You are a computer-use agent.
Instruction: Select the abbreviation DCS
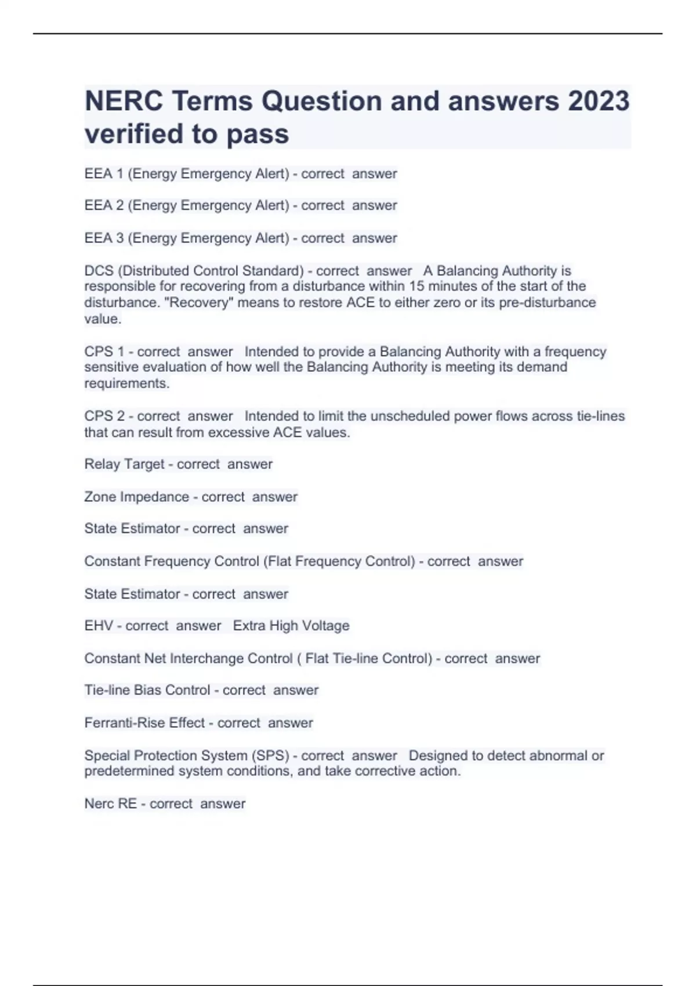99,271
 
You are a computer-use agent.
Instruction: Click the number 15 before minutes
417,287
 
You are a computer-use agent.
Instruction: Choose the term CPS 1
104,351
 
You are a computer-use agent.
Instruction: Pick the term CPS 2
104,416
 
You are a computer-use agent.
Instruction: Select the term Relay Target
124,464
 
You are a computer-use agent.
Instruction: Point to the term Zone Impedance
136,497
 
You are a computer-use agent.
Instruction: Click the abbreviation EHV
99,626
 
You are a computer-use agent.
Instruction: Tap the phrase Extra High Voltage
291,626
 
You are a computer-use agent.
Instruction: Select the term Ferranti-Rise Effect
144,723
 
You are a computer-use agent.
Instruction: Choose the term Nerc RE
110,804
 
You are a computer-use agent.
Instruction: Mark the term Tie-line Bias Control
147,690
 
